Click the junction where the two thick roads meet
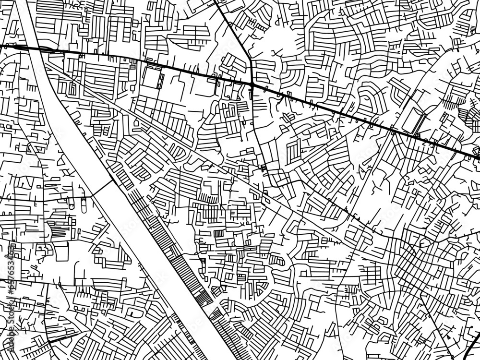tap(252, 85)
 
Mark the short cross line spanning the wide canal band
tap(103, 188)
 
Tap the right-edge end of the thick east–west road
tap(477, 156)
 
